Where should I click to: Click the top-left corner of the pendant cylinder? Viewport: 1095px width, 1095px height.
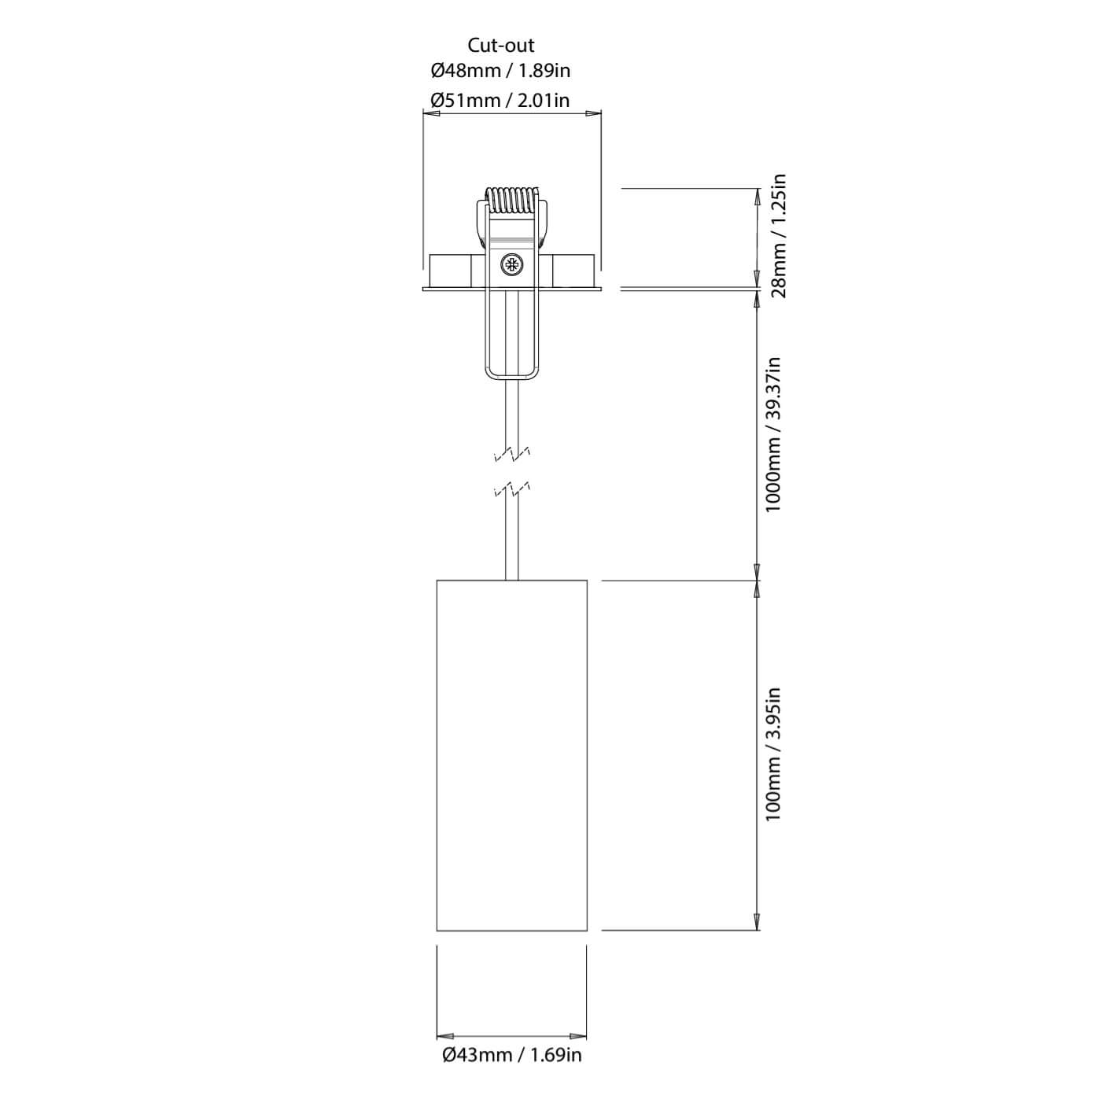pyautogui.click(x=437, y=581)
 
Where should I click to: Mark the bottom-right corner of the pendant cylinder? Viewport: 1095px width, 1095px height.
pyautogui.click(x=587, y=931)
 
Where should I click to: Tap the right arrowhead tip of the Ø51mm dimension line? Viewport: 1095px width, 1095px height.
pyautogui.click(x=601, y=113)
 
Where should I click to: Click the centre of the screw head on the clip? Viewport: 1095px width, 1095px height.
pyautogui.click(x=511, y=264)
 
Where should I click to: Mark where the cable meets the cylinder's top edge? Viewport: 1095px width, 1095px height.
pyautogui.click(x=511, y=581)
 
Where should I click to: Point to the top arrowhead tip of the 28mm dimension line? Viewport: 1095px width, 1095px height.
pyautogui.click(x=757, y=189)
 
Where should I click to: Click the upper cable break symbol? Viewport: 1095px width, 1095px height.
pyautogui.click(x=512, y=453)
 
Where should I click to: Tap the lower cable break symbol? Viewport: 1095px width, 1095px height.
pyautogui.click(x=512, y=492)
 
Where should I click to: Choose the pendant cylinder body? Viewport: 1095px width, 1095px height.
pyautogui.click(x=511, y=755)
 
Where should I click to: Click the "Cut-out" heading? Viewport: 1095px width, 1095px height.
pyautogui.click(x=500, y=45)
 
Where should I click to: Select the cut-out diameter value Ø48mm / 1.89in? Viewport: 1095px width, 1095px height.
pyautogui.click(x=500, y=71)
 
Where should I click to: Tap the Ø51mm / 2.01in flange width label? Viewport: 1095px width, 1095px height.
pyautogui.click(x=500, y=101)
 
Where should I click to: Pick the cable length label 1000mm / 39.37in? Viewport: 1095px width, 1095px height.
pyautogui.click(x=774, y=435)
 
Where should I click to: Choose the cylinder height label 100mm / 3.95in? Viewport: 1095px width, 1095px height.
pyautogui.click(x=774, y=754)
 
